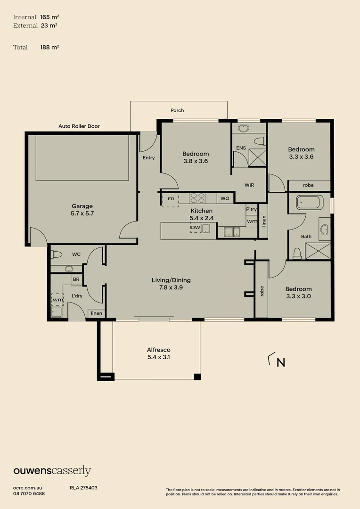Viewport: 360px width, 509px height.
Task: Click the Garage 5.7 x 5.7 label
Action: [82, 210]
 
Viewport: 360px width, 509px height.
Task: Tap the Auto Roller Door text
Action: [79, 126]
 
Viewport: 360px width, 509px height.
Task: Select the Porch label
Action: [177, 110]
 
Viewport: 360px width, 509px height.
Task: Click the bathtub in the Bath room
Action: [308, 203]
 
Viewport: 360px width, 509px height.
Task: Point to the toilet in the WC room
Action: [57, 254]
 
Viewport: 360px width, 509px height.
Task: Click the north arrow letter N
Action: [281, 362]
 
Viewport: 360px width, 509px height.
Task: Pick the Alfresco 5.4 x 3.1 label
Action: [158, 353]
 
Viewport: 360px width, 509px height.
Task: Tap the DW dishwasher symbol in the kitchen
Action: [195, 228]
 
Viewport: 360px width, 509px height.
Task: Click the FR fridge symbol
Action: [171, 199]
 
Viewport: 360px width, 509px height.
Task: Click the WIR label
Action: [249, 185]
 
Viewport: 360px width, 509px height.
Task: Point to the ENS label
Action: [241, 148]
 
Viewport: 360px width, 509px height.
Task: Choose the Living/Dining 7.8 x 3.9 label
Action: [171, 284]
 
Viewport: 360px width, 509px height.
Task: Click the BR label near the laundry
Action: [76, 279]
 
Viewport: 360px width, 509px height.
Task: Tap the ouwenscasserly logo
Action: [52, 471]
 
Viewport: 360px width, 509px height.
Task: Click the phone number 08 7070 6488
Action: [29, 493]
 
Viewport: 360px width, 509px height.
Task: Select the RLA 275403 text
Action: [83, 488]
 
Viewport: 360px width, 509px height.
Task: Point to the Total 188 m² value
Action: [49, 47]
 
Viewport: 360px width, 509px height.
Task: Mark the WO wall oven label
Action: [225, 198]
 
